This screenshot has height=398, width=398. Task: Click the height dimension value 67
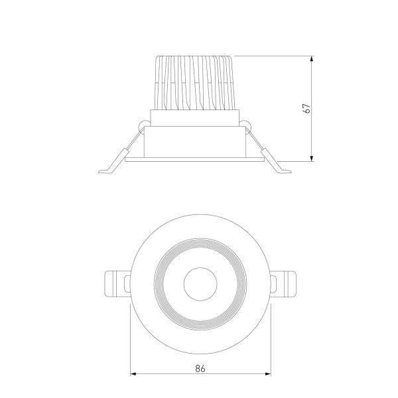pos(306,109)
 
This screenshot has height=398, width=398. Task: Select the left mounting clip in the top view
pos(116,284)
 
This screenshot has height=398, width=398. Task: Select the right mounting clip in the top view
pos(282,284)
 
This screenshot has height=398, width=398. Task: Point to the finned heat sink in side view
pos(196,82)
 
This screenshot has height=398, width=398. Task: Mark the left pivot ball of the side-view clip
pos(143,123)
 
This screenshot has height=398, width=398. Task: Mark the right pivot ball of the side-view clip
pos(247,123)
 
